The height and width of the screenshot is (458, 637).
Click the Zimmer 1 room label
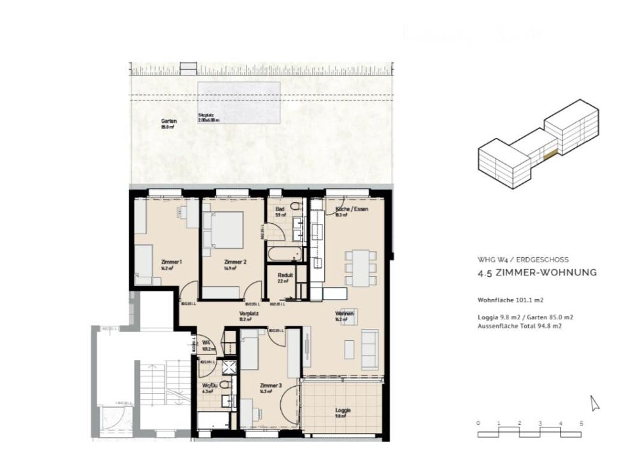pos(172,262)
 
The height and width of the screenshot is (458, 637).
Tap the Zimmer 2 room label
pos(235,262)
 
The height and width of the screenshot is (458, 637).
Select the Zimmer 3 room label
pos(270,386)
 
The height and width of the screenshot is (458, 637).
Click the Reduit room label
pos(285,275)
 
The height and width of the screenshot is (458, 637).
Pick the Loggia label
pos(343,410)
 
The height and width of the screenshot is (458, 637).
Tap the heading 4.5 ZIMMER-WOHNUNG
pos(536,273)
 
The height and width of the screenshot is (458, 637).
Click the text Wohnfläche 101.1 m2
pos(510,299)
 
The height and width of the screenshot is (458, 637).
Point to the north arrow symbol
pos(595,403)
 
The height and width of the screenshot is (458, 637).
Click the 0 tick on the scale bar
pos(478,423)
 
